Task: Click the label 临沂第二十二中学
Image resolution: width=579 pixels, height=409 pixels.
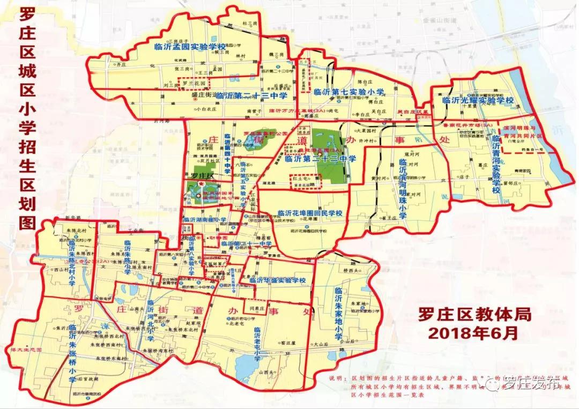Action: [321, 159]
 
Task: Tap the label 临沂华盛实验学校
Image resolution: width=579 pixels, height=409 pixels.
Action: [273, 280]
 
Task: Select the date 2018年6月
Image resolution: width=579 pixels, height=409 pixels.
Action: [473, 333]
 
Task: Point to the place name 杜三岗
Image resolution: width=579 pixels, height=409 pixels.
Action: [250, 23]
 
